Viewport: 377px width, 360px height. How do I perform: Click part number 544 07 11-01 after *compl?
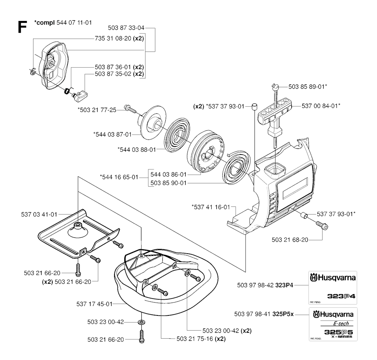point(74,23)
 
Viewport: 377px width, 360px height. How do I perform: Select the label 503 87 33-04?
point(127,28)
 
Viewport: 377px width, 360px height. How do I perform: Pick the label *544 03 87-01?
point(112,135)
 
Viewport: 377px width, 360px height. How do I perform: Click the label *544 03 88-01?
point(136,149)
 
